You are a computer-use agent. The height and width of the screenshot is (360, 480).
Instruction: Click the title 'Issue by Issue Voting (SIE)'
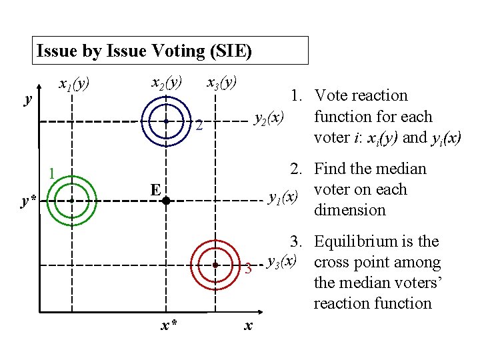click(x=144, y=51)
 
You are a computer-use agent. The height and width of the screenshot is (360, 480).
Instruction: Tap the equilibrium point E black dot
click(x=166, y=199)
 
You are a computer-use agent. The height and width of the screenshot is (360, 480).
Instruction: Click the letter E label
click(x=155, y=190)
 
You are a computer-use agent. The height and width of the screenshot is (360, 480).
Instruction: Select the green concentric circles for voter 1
click(x=70, y=199)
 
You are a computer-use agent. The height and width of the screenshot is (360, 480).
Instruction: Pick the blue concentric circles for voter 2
click(x=166, y=121)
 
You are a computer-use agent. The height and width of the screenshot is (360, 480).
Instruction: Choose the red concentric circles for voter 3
click(x=216, y=265)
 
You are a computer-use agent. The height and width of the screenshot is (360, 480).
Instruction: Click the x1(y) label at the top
click(x=73, y=85)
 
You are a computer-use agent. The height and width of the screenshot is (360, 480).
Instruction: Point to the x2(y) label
click(x=166, y=83)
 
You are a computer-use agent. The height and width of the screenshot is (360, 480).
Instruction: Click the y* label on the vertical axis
click(x=29, y=201)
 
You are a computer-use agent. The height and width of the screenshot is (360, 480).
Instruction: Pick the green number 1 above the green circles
click(x=51, y=175)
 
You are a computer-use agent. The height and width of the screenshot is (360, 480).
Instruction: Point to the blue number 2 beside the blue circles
click(x=199, y=125)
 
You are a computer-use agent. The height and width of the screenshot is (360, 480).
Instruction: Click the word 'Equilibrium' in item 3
click(x=353, y=241)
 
